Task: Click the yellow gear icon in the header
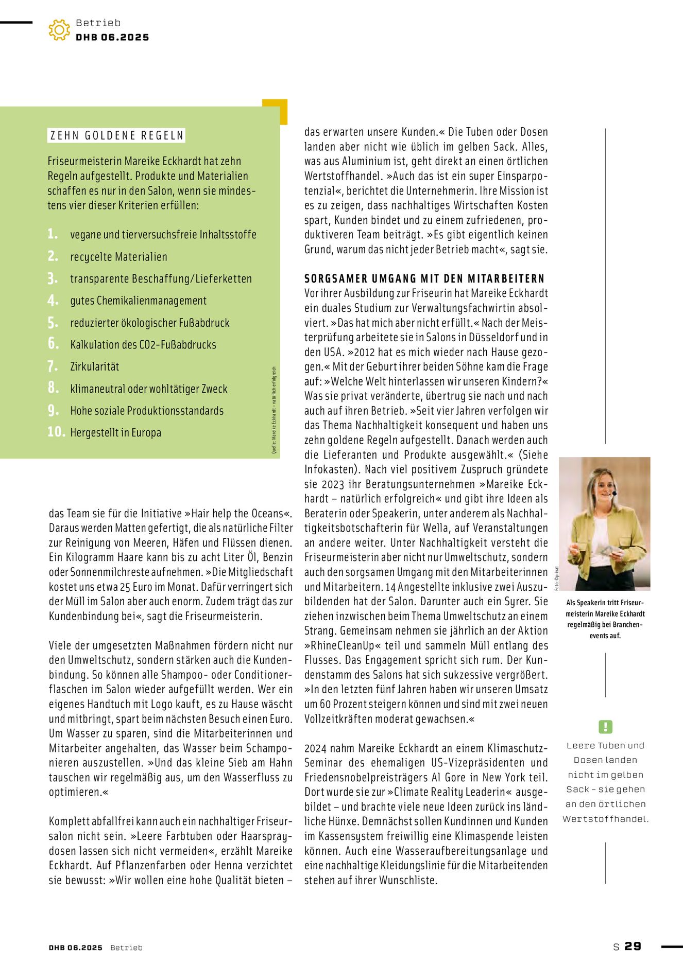[x=59, y=30]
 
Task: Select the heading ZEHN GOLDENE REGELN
[x=116, y=135]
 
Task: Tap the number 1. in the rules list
[x=53, y=234]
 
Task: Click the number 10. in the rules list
[x=56, y=432]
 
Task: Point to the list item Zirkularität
[x=94, y=366]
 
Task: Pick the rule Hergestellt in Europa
[x=115, y=432]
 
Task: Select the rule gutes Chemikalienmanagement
[x=138, y=301]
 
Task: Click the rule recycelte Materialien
[x=118, y=256]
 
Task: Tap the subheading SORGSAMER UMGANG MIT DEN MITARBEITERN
[x=424, y=278]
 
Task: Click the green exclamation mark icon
[x=605, y=727]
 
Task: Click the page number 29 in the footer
[x=633, y=946]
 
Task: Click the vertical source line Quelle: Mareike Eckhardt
[x=274, y=410]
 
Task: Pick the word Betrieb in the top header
[x=98, y=23]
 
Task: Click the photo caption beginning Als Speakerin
[x=605, y=619]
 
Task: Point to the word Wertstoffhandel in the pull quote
[x=605, y=819]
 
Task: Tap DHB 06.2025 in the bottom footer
[x=76, y=948]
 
